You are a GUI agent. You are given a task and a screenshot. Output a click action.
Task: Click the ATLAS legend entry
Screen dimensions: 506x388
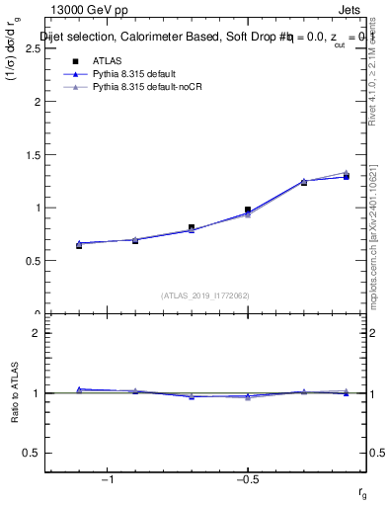pos(108,61)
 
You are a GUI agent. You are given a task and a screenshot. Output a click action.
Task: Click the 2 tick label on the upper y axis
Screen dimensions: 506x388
pos(36,101)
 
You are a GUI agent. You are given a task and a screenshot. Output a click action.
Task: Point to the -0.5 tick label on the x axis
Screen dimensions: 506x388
pos(247,480)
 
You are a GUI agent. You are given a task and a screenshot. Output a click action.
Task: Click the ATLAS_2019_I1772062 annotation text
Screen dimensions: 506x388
pos(205,295)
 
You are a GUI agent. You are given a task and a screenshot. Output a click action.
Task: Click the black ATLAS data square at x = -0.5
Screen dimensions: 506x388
pos(248,210)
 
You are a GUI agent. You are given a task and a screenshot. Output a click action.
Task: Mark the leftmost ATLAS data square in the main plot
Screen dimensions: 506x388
pos(79,244)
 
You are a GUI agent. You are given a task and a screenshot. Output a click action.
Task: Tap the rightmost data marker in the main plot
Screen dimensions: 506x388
pos(346,176)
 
